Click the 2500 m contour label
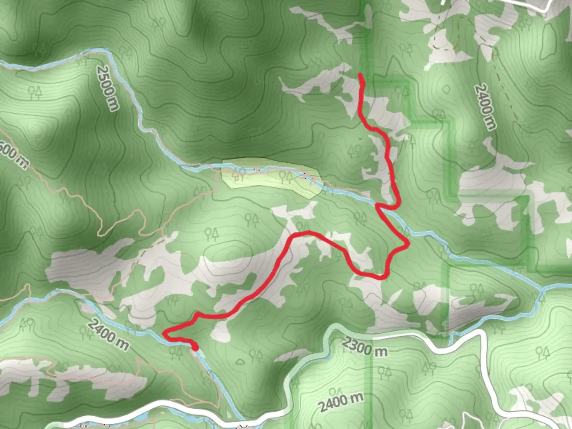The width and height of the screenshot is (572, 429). point(107,88)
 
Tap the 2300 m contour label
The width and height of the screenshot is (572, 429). point(365,347)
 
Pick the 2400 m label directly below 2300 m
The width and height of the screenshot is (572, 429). point(341,402)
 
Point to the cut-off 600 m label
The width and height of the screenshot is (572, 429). point(14,155)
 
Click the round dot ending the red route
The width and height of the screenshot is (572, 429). point(195,348)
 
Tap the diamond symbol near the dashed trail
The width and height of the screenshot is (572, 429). point(446,89)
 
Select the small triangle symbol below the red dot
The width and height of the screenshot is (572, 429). point(240,361)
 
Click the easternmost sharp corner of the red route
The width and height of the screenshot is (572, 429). point(408,244)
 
